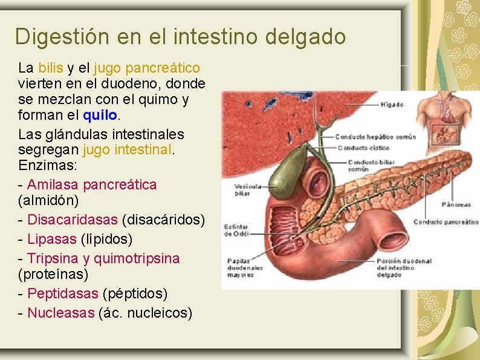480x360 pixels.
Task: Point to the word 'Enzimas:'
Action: tap(44, 165)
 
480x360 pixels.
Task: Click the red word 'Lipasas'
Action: tap(52, 239)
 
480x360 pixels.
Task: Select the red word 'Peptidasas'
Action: tap(63, 294)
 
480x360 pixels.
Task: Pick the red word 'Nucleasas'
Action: tap(61, 313)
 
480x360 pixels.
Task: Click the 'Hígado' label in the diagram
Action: tap(392, 105)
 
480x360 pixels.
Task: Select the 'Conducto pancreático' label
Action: tap(446, 222)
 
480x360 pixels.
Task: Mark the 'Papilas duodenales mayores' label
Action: tap(244, 268)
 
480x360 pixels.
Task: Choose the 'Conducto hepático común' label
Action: tap(375, 137)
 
